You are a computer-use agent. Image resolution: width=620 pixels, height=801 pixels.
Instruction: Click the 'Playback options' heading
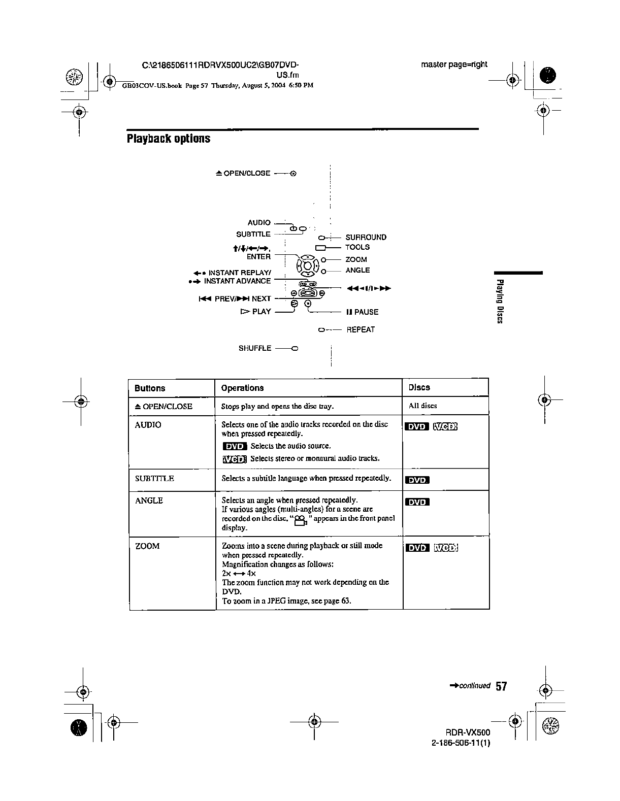pyautogui.click(x=168, y=139)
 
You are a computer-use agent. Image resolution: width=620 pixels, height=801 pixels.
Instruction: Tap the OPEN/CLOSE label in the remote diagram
pyautogui.click(x=243, y=174)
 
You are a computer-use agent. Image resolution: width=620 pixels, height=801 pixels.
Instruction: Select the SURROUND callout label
pyautogui.click(x=366, y=238)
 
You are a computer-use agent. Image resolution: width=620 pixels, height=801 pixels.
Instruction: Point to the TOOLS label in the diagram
pyautogui.click(x=357, y=247)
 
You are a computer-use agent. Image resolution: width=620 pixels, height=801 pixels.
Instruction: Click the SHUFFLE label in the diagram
pyautogui.click(x=255, y=348)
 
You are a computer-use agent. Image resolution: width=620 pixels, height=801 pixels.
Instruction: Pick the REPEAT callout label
pyautogui.click(x=361, y=330)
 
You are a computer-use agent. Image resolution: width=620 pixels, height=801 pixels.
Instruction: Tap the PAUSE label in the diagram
pyautogui.click(x=363, y=312)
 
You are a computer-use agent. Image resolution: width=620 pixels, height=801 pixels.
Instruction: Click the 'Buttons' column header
pyautogui.click(x=150, y=388)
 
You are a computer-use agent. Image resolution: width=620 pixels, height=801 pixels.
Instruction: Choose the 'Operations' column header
pyautogui.click(x=242, y=388)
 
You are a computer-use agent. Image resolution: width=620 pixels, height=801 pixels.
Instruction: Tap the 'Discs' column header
pyautogui.click(x=419, y=388)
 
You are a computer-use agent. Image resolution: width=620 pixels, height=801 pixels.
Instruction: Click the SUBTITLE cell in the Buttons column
pyautogui.click(x=154, y=479)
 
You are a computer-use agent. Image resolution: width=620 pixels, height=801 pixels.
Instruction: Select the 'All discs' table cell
pyautogui.click(x=422, y=406)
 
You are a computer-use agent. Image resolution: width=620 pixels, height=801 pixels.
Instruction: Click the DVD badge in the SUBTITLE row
pyautogui.click(x=417, y=480)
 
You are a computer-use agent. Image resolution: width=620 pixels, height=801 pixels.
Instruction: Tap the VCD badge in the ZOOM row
pyautogui.click(x=446, y=548)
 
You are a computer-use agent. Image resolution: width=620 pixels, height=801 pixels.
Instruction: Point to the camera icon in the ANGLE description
pyautogui.click(x=301, y=520)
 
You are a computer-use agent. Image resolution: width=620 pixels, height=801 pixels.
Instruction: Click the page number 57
pyautogui.click(x=501, y=687)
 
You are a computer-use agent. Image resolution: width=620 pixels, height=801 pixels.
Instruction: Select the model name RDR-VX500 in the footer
pyautogui.click(x=468, y=733)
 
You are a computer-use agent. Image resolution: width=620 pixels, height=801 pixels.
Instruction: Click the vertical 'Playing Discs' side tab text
pyautogui.click(x=500, y=301)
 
